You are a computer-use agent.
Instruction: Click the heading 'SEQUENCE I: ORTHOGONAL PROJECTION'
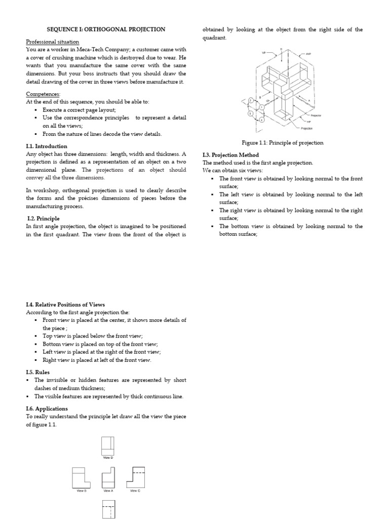coord(106,29)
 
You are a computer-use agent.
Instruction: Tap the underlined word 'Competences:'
coord(43,94)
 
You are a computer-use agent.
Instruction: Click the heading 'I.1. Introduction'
coord(47,146)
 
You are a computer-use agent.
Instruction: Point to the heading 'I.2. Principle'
coord(43,218)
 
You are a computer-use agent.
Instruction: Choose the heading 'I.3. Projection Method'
coord(230,155)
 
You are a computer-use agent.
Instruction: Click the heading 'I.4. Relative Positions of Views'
coord(65,305)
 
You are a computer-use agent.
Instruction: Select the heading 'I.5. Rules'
coord(37,372)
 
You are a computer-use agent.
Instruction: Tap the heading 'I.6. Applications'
coord(47,409)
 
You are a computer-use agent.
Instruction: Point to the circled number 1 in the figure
coord(261,107)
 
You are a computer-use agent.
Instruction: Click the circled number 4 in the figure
coord(261,120)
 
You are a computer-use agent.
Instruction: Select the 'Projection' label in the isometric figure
coord(307,128)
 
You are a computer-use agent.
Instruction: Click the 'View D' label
coord(108,458)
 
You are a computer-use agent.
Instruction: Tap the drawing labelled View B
coord(82,477)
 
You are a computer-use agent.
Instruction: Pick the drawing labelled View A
coord(108,477)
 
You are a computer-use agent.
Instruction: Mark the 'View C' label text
coord(135,491)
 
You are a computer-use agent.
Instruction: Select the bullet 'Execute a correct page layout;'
coord(79,109)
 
